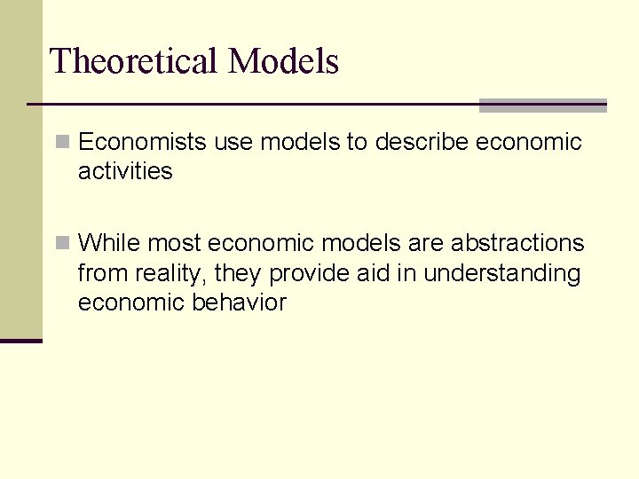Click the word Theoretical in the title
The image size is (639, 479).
(134, 61)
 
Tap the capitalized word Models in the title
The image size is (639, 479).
(283, 61)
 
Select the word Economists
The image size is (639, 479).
(143, 142)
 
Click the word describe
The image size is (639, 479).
(422, 142)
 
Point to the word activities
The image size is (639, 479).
(125, 171)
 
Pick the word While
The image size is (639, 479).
(109, 243)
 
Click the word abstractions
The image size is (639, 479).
(519, 243)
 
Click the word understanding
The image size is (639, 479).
(501, 273)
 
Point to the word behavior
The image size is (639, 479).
(239, 302)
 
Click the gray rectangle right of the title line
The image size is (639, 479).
(542, 106)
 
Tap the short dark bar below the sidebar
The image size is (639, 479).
(21, 341)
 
